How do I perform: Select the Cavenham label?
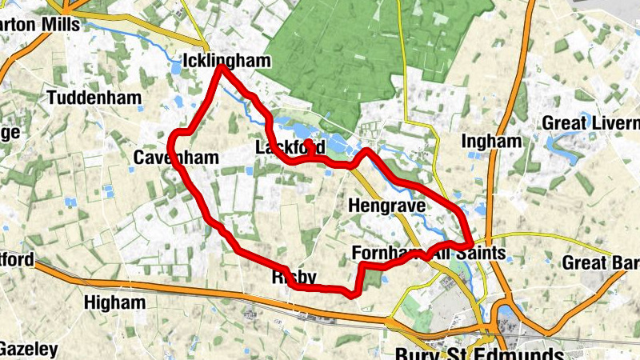[175, 158]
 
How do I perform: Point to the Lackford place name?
[290, 148]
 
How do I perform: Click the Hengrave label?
[384, 206]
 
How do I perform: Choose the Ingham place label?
[491, 141]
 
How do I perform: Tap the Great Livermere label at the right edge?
[592, 123]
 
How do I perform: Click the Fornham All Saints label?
[429, 254]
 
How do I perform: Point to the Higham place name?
[116, 302]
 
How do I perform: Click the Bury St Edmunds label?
[480, 353]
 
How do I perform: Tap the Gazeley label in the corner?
[27, 350]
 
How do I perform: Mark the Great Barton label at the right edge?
[601, 262]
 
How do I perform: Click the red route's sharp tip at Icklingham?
[221, 69]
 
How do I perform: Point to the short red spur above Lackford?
[308, 144]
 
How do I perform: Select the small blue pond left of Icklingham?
[174, 69]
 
